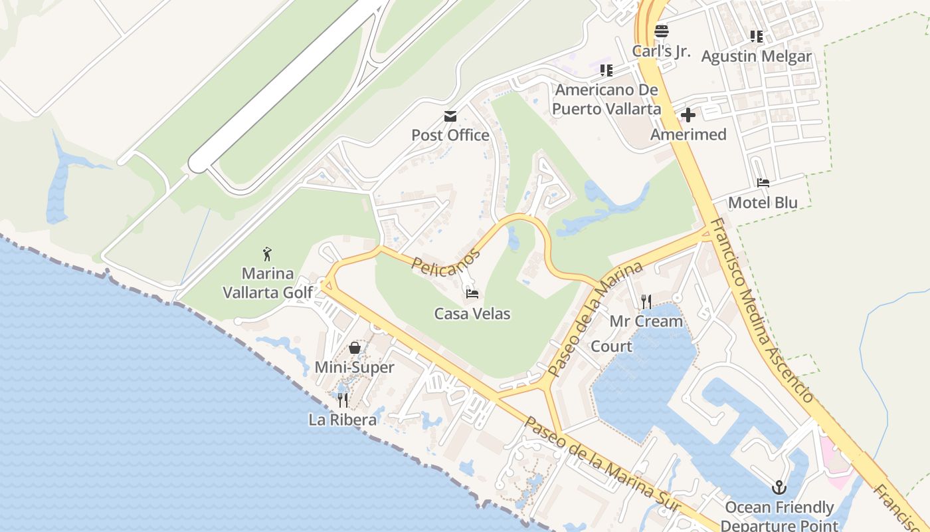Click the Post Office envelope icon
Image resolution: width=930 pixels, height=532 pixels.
tap(450, 116)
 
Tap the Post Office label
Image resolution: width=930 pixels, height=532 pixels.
tap(450, 135)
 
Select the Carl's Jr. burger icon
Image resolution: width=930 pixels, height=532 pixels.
tap(661, 31)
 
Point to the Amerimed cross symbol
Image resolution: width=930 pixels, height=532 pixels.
tap(688, 115)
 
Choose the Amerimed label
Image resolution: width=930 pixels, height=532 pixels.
tap(688, 134)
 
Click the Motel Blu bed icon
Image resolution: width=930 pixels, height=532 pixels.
tap(763, 182)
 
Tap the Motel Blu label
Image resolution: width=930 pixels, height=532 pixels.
tap(763, 202)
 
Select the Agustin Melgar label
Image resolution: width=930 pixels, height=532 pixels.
tap(757, 56)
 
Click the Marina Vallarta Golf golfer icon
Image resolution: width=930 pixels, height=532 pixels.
tap(267, 253)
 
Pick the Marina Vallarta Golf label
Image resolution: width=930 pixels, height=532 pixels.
tap(268, 283)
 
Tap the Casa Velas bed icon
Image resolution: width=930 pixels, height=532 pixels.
tap(472, 293)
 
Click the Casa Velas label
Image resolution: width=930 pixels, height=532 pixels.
tap(472, 313)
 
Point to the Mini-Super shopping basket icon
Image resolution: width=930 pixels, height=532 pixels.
tap(355, 348)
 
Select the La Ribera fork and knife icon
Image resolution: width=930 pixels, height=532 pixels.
tap(343, 400)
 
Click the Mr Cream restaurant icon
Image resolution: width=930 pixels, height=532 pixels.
tap(646, 301)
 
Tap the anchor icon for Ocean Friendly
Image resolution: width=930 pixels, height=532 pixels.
tap(779, 487)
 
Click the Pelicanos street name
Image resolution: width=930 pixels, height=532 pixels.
tap(445, 261)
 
